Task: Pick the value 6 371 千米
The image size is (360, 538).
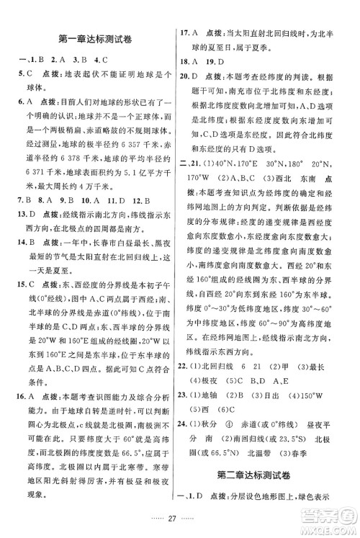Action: (x=42, y=171)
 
